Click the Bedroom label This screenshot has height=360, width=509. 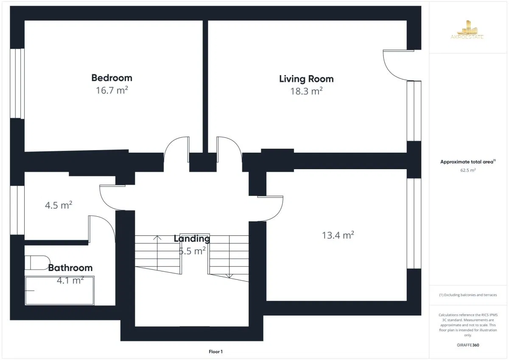112,78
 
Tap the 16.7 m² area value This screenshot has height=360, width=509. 112,90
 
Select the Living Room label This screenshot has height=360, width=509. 306,79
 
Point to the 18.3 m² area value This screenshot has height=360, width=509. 306,91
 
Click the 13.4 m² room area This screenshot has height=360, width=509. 338,235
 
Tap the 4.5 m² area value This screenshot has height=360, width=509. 59,205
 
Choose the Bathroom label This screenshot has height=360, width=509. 70,268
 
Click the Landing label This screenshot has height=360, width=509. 192,239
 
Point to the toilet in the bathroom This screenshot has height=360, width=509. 37,263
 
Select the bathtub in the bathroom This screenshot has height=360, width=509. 59,290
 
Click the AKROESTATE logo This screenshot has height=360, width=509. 467,30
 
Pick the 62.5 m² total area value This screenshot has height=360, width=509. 468,170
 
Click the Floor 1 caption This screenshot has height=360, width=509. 215,352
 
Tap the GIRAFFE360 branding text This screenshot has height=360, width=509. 468,345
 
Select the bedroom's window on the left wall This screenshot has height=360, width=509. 17,84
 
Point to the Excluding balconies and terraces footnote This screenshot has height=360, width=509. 468,295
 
